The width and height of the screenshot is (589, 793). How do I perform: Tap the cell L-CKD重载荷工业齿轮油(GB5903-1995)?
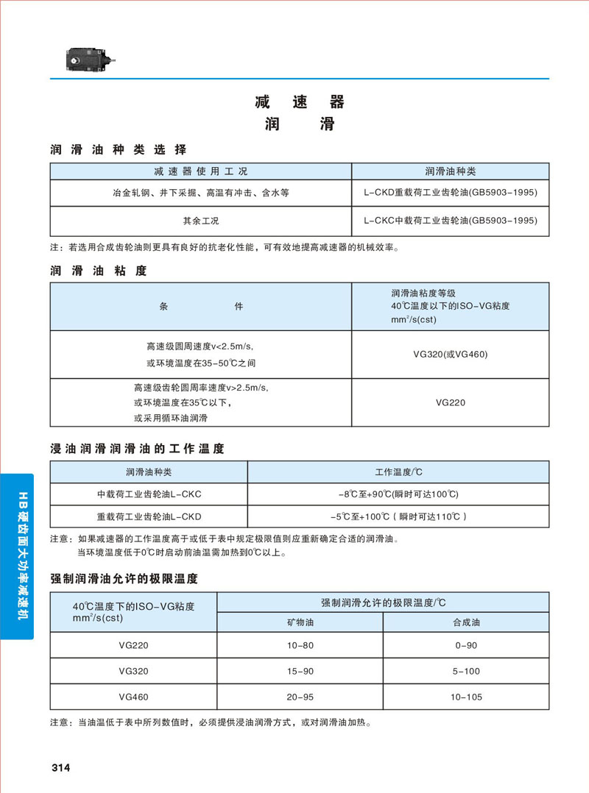point(451,193)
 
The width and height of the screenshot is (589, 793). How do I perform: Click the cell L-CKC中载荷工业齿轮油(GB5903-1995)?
point(451,221)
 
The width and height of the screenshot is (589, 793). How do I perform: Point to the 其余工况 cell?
point(201,221)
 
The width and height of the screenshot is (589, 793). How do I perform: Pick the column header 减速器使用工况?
point(201,171)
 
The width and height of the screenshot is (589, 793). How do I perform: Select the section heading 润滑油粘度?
point(99,271)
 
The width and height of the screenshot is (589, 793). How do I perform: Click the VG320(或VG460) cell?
point(451,354)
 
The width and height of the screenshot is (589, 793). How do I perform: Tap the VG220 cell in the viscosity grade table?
point(451,402)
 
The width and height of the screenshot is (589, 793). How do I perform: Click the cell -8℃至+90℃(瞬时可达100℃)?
point(398,493)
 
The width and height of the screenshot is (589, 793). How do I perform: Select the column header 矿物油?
point(300,622)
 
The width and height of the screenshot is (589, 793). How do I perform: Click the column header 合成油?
point(465,622)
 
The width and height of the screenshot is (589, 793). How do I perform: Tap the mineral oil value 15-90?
point(300,671)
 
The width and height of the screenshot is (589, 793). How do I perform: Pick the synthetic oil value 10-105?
point(465,696)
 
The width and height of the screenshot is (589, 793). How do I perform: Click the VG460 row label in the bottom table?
point(133,696)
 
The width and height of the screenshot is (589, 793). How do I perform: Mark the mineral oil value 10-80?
point(300,645)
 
